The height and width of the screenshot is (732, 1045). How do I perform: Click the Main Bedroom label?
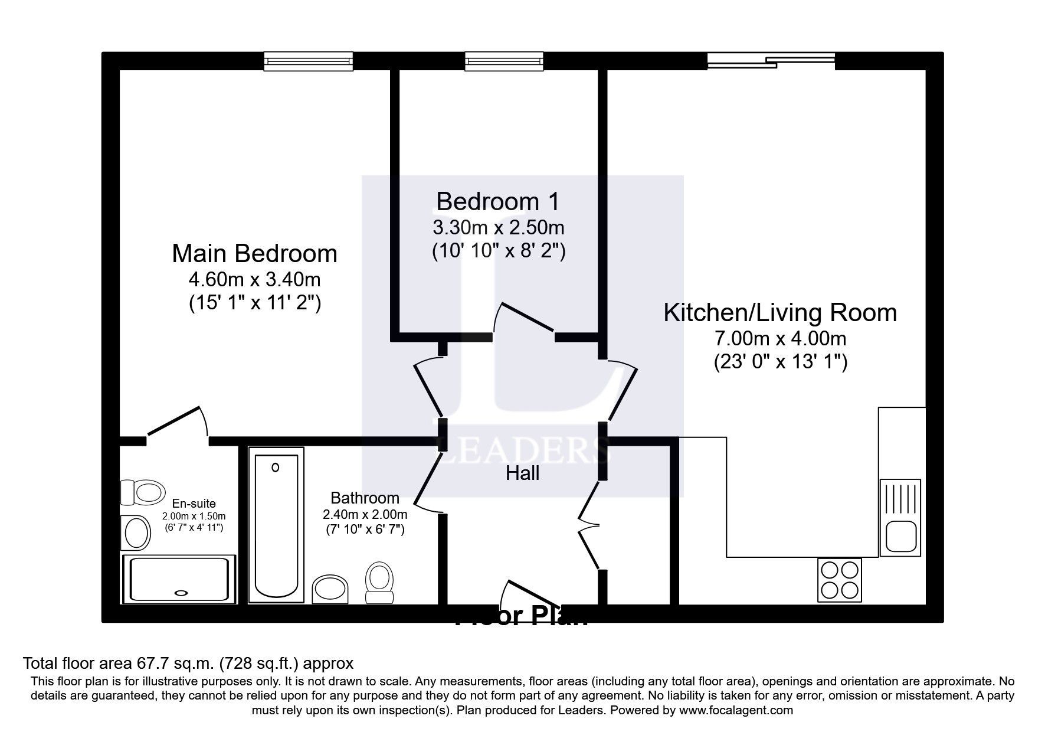pyautogui.click(x=254, y=254)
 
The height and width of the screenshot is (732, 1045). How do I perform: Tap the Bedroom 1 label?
pyautogui.click(x=497, y=202)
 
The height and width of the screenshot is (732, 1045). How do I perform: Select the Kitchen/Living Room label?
pyautogui.click(x=779, y=312)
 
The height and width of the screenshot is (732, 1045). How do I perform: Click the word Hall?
pyautogui.click(x=522, y=473)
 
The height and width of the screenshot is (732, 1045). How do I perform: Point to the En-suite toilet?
pyautogui.click(x=143, y=492)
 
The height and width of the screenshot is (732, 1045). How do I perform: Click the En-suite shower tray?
pyautogui.click(x=179, y=579)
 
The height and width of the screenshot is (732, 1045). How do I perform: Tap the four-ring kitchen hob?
pyautogui.click(x=839, y=579)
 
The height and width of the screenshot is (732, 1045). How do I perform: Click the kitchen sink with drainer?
pyautogui.click(x=900, y=517)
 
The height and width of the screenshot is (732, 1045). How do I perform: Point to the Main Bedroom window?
pyautogui.click(x=308, y=61)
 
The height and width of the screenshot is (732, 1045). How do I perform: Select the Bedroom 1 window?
pyautogui.click(x=503, y=61)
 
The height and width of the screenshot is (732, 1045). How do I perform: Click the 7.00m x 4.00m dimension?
pyautogui.click(x=780, y=339)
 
